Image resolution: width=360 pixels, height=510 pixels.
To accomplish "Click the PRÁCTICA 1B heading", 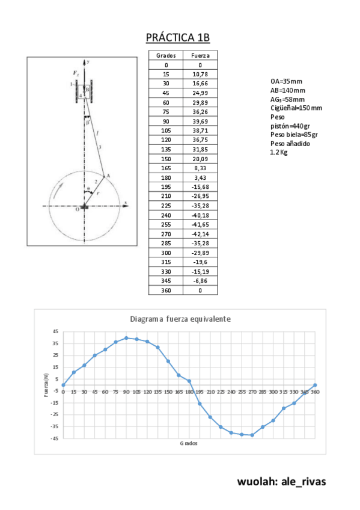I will [x=178, y=38].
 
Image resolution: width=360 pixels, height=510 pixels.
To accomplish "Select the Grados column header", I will [x=166, y=55].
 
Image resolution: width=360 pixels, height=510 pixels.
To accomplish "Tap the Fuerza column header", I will [x=200, y=55].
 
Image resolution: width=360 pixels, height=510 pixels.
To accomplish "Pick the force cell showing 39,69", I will [x=200, y=121].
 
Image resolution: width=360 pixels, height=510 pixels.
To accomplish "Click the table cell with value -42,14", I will [x=200, y=234].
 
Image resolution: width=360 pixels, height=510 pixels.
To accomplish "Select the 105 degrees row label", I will [x=166, y=131].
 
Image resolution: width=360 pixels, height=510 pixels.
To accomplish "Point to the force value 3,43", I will [x=200, y=177].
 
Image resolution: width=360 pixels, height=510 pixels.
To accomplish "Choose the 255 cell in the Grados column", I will [x=166, y=224].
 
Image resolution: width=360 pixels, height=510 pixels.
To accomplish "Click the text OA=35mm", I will [x=287, y=80].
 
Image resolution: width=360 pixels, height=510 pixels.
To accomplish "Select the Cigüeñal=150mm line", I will [x=296, y=108].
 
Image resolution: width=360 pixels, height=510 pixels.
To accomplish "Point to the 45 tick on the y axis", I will [x=55, y=331].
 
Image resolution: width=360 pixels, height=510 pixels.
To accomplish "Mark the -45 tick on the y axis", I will [x=55, y=438].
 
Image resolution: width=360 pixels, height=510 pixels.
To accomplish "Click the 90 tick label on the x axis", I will [x=126, y=392].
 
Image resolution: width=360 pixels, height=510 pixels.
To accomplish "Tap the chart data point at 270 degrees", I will [x=252, y=435].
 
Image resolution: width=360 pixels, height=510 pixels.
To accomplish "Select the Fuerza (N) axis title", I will [x=46, y=385].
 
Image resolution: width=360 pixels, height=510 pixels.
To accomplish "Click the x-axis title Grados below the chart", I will [x=189, y=443].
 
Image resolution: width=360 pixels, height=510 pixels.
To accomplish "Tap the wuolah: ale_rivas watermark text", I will [x=281, y=482].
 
